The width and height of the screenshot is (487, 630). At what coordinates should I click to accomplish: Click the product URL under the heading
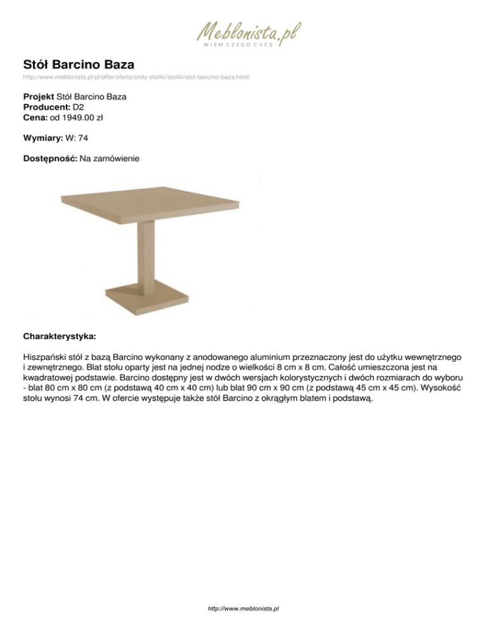coord(136,77)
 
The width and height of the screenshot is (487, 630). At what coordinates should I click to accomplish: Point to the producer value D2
coord(79,107)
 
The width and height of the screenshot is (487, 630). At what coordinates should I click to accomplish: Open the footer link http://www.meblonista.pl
coord(243,608)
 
